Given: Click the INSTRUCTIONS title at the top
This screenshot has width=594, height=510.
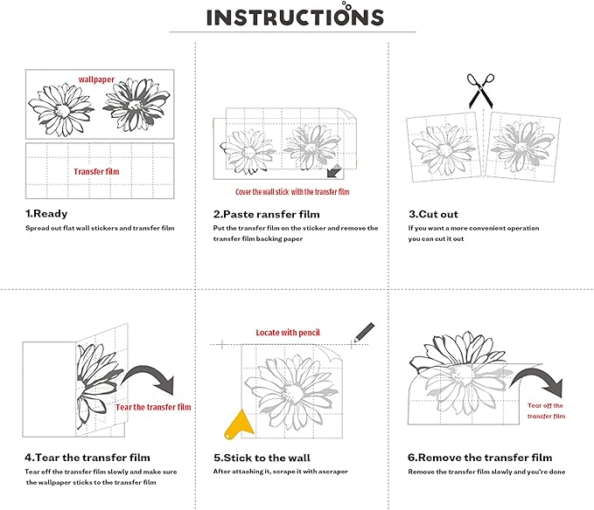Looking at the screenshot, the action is pyautogui.click(x=295, y=16).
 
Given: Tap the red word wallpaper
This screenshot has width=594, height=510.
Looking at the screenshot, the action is pyautogui.click(x=96, y=79).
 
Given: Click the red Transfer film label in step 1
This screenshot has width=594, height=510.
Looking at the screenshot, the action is pyautogui.click(x=96, y=172).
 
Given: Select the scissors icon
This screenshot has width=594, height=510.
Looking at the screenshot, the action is pyautogui.click(x=480, y=90).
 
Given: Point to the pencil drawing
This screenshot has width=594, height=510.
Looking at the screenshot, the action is pyautogui.click(x=363, y=333).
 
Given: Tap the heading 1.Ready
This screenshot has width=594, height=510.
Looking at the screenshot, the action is pyautogui.click(x=46, y=214).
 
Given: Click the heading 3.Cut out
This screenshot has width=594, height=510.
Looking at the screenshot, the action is pyautogui.click(x=433, y=214).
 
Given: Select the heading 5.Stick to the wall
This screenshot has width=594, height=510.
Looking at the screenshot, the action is pyautogui.click(x=262, y=458).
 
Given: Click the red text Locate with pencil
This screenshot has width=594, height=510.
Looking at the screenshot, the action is pyautogui.click(x=288, y=333).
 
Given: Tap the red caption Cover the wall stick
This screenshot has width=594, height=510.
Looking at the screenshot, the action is pyautogui.click(x=262, y=192).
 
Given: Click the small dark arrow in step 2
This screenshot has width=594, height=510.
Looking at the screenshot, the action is pyautogui.click(x=334, y=171).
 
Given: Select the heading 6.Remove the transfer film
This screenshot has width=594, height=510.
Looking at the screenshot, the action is pyautogui.click(x=480, y=458).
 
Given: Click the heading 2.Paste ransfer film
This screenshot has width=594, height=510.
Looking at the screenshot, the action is pyautogui.click(x=266, y=214).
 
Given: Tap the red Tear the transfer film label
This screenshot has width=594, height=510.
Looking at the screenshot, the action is pyautogui.click(x=153, y=407).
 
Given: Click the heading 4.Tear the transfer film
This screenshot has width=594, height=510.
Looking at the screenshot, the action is pyautogui.click(x=87, y=458).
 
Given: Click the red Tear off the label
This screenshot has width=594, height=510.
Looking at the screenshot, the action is pyautogui.click(x=545, y=406).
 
